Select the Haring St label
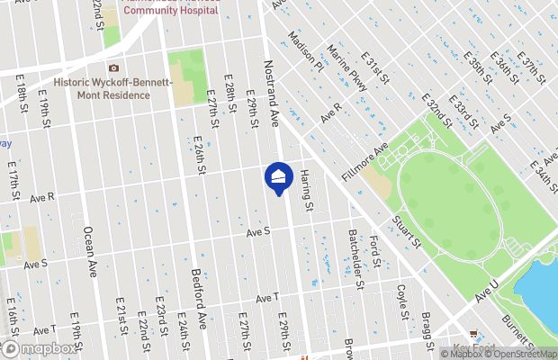(x=307, y=191)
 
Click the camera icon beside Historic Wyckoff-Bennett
(x=113, y=68)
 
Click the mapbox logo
(x=40, y=348)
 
